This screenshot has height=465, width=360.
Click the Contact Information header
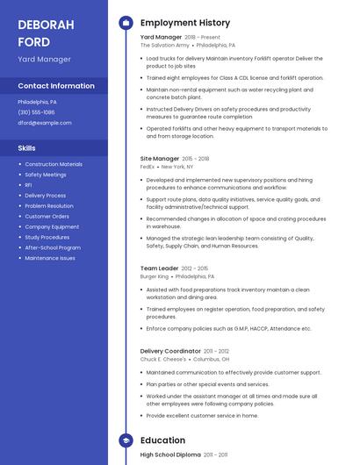[56, 86]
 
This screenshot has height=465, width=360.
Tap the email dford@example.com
[45, 123]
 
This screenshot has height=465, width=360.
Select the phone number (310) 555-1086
[36, 112]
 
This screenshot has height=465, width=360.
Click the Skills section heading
[26, 148]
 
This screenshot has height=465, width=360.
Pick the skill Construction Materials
[54, 164]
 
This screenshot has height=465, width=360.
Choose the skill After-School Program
[53, 247]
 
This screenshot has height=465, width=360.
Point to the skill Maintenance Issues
[50, 258]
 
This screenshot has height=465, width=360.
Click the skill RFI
[28, 185]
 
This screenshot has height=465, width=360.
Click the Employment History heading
[185, 23]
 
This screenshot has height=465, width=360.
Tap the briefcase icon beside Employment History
[126, 23]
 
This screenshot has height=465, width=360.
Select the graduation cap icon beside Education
[126, 440]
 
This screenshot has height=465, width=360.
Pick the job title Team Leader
[159, 268]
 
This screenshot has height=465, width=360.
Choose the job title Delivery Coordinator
[170, 351]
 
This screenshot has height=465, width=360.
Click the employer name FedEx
[148, 166]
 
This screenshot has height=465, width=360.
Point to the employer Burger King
[155, 276]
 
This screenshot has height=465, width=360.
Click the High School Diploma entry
[170, 455]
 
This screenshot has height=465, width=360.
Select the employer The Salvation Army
[164, 45]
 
